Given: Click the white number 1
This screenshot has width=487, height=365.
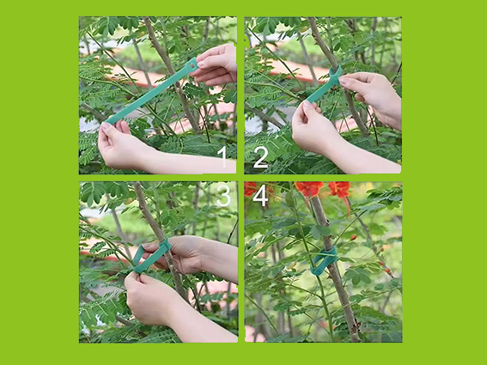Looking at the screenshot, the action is pos(222,157).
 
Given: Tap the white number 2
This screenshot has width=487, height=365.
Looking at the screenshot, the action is pos(260,158).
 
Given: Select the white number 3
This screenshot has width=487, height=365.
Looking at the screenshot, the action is pos(223,196).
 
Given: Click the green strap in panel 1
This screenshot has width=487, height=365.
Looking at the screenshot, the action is pos(152,92).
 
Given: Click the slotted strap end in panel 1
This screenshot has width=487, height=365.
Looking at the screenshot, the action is pos(192,64).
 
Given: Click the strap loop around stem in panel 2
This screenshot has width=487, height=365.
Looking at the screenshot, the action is pos(335,76).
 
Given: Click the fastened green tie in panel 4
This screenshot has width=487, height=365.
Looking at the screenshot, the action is pos(324,261).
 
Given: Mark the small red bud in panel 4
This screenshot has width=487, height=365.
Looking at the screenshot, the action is pos(354,238).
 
